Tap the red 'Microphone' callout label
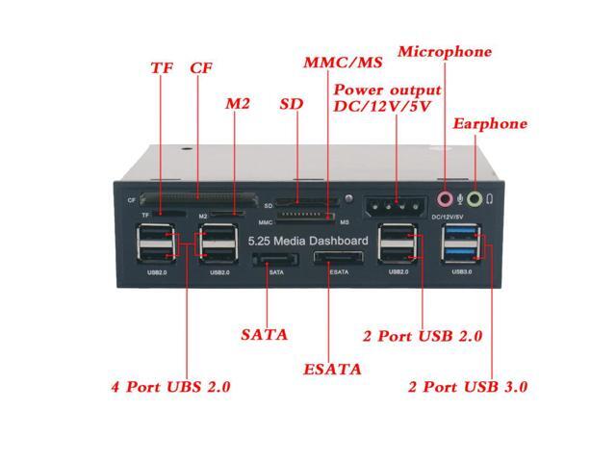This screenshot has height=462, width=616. (x=444, y=52)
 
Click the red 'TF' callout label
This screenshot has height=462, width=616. (x=162, y=69)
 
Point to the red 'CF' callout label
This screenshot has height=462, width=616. (x=201, y=69)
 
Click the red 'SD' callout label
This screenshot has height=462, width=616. (x=291, y=103)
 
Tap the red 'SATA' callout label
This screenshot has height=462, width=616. (x=264, y=335)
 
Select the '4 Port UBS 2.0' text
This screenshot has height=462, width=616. (x=170, y=387)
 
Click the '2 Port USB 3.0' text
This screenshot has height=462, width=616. (x=468, y=387)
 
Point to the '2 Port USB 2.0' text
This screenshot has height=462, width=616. (x=422, y=336)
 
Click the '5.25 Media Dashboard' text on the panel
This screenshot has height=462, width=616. (x=307, y=240)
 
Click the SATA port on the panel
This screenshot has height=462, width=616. (x=276, y=261)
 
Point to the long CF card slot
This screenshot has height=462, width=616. (x=207, y=199)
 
